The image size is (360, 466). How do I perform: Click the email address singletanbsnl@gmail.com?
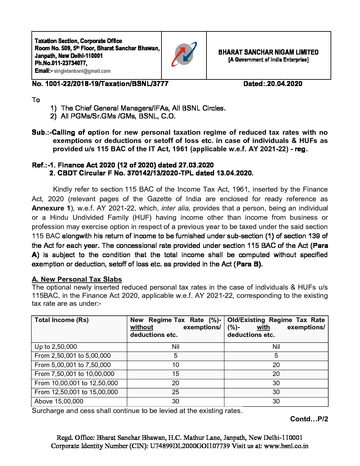tap(82, 71)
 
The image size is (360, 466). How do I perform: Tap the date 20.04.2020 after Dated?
tap(285, 84)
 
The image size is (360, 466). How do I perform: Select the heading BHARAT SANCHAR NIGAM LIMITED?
tap(268, 52)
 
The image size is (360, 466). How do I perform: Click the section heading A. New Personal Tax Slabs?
tap(77, 279)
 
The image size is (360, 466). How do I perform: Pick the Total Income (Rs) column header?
tap(62, 320)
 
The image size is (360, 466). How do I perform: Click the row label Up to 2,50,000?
tap(56, 347)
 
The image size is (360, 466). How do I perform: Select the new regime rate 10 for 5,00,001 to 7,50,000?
tap(175, 365)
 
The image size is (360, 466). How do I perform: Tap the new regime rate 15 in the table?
tap(175, 374)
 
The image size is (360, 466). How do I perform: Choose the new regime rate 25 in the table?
tap(175, 392)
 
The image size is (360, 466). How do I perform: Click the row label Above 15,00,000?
tap(59, 401)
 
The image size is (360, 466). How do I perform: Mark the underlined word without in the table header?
tap(142, 327)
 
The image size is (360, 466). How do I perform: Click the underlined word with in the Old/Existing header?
tap(263, 327)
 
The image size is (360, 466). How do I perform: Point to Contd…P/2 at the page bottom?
tap(309, 419)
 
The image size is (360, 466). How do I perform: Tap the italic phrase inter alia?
tap(175, 208)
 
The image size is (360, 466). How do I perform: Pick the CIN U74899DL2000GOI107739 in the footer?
tap(190, 446)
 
